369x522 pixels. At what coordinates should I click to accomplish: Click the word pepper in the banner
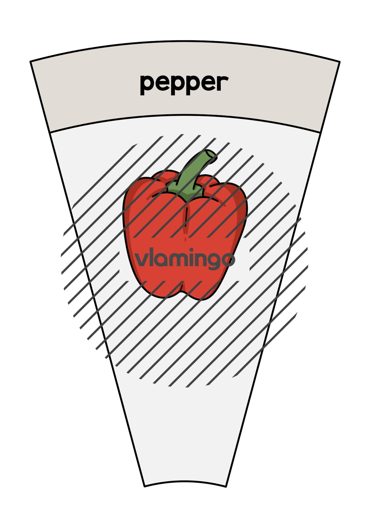click(184, 85)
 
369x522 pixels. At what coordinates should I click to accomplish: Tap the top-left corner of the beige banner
click(30, 61)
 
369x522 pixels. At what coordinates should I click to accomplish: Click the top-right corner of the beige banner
click(340, 62)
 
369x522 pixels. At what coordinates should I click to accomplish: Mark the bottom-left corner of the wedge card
click(145, 487)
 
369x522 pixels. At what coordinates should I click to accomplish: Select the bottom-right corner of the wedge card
click(226, 487)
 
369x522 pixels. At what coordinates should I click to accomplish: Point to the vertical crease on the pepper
click(186, 217)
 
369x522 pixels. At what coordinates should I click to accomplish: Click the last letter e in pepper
click(208, 83)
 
